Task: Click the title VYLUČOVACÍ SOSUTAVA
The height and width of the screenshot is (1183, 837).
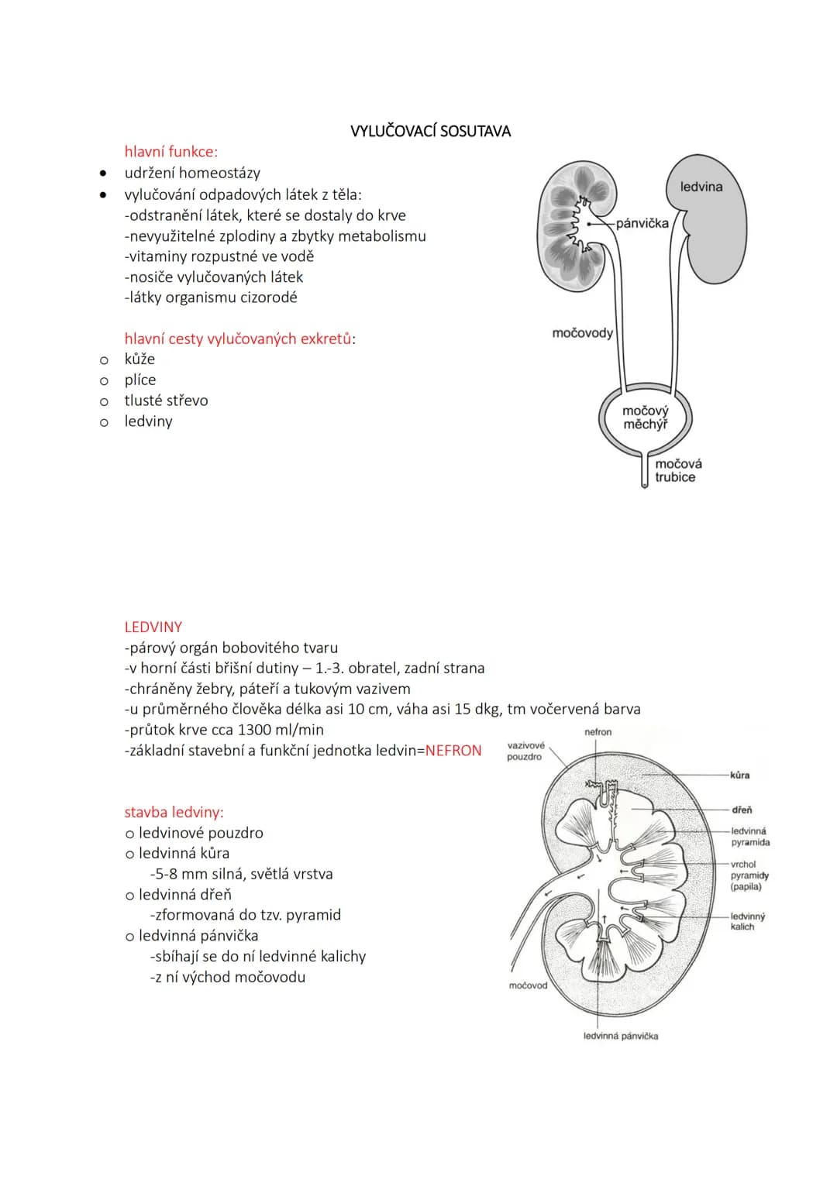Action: (x=430, y=131)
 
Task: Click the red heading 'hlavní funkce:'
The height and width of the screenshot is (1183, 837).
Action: (x=170, y=152)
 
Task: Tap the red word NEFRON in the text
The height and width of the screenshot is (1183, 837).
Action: (x=453, y=751)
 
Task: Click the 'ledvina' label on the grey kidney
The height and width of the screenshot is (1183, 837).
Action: (x=701, y=187)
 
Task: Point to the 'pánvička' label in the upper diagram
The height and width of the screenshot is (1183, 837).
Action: (x=642, y=223)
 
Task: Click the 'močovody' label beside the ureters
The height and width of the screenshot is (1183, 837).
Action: (x=582, y=332)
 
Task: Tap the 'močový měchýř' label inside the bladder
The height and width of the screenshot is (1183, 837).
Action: (x=645, y=418)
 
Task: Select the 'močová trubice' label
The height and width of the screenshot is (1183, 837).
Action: (x=678, y=470)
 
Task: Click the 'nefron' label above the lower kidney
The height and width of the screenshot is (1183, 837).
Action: (x=598, y=732)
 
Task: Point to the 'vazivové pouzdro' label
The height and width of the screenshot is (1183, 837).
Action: (x=525, y=751)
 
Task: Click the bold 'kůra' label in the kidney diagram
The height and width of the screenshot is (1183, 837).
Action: (x=740, y=775)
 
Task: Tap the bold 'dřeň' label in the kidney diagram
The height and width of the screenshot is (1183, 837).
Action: (x=742, y=810)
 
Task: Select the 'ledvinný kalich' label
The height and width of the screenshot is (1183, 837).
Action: (x=748, y=922)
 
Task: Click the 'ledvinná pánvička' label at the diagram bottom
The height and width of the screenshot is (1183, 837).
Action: (x=621, y=1036)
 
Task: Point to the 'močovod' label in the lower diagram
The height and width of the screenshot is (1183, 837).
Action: (x=528, y=985)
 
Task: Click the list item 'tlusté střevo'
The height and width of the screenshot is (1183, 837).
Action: (x=166, y=401)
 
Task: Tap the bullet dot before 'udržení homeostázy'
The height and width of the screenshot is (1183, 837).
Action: (x=103, y=174)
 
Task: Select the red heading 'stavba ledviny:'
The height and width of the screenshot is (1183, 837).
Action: (x=174, y=812)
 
